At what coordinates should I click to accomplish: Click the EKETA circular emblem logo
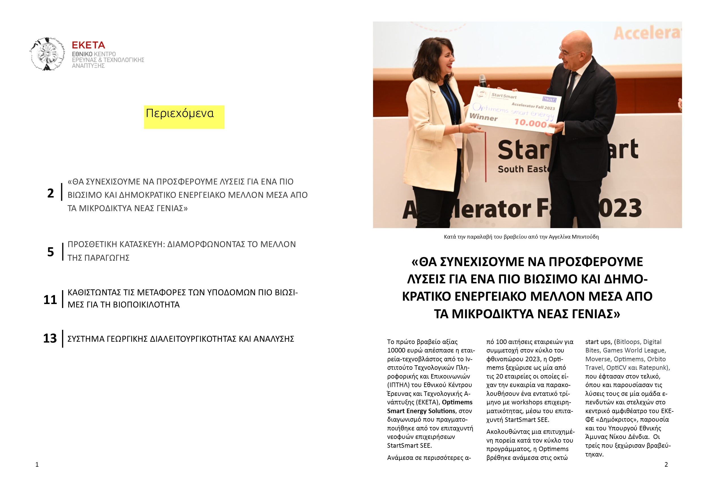click(x=47, y=54)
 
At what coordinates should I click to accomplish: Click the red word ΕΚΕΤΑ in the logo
click(x=88, y=45)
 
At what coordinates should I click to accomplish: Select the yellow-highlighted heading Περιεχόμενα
click(x=180, y=114)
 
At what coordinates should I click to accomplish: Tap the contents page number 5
click(x=50, y=252)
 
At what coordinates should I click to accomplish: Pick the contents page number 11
click(x=50, y=300)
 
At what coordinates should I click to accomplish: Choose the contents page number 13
click(x=50, y=339)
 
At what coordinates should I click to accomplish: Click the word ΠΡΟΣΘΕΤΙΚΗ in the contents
click(x=92, y=245)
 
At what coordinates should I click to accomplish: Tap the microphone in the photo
click(x=483, y=80)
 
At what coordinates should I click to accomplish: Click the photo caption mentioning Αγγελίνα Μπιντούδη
click(x=521, y=237)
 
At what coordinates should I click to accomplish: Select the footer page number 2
click(x=666, y=465)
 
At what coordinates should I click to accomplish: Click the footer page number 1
click(x=37, y=465)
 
